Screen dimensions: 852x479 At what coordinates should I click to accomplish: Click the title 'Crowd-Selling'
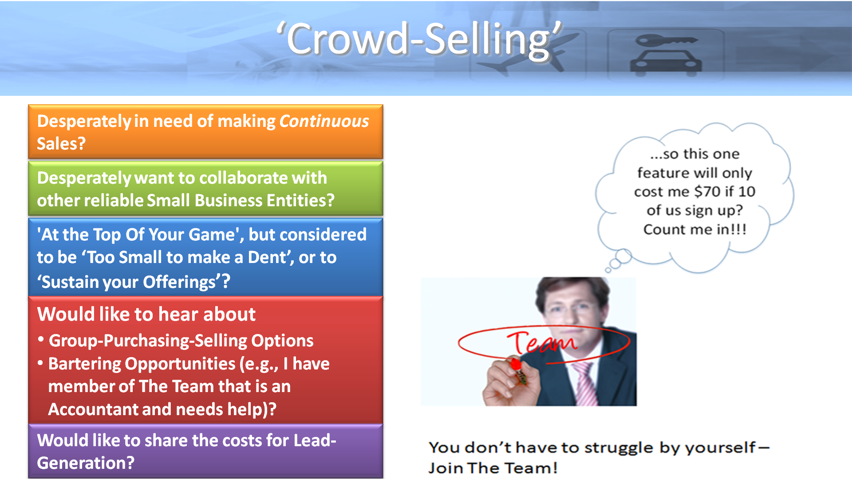[x=419, y=39]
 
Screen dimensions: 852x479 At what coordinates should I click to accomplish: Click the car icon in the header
[x=666, y=55]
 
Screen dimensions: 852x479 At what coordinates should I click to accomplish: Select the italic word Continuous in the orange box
[x=324, y=121]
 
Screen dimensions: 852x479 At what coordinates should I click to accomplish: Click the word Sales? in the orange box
[x=61, y=144]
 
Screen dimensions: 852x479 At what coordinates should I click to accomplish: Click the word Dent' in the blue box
[x=268, y=257]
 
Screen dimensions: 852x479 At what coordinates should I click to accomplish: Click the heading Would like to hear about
[x=146, y=314]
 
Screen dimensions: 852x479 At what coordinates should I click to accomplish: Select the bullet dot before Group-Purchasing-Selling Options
[x=41, y=340]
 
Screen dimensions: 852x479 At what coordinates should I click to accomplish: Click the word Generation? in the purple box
[x=86, y=463]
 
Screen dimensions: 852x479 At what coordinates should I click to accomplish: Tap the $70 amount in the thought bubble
[x=708, y=192]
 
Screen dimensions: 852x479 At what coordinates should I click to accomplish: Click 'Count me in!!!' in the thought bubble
[x=695, y=229]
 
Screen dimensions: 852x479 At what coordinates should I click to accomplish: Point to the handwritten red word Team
[x=542, y=342]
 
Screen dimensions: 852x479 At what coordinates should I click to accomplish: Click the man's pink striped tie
[x=585, y=384]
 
